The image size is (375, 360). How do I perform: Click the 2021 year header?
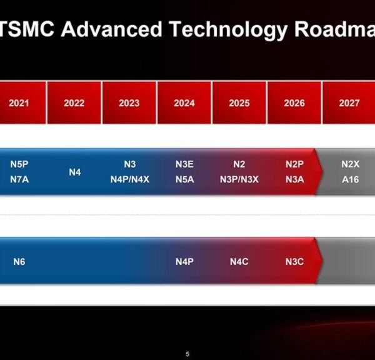(19, 103)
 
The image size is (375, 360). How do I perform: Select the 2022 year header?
(74, 103)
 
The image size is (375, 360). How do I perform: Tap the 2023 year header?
(129, 103)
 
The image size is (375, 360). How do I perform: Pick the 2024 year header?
(184, 103)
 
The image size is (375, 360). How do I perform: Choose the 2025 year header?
(239, 103)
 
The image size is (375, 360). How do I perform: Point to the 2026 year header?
(294, 103)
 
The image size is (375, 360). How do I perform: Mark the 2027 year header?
(349, 103)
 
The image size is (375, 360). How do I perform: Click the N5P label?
(19, 164)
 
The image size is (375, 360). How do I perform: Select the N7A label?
(19, 179)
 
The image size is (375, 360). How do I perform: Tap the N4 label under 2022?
(74, 172)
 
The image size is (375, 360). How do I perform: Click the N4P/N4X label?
(130, 179)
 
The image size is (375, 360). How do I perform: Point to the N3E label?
(184, 164)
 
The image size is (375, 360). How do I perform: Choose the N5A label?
(184, 179)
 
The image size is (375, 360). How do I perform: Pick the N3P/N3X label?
(239, 179)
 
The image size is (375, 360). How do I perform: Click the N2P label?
(294, 164)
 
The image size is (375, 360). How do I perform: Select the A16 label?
(350, 179)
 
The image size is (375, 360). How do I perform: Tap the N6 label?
(19, 262)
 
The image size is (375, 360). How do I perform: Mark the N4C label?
(239, 262)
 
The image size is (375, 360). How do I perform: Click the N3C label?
(294, 262)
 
